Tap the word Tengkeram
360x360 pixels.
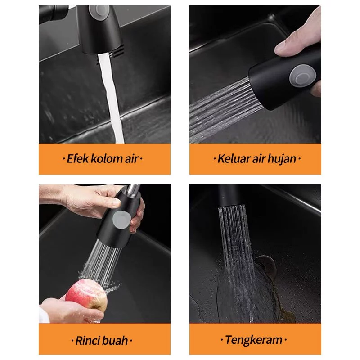(254, 340)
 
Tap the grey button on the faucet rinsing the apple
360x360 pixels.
(121, 220)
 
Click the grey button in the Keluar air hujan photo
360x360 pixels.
(299, 76)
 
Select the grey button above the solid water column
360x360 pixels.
(99, 11)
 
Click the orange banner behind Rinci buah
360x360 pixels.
(104, 339)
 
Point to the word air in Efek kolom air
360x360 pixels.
(131, 159)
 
